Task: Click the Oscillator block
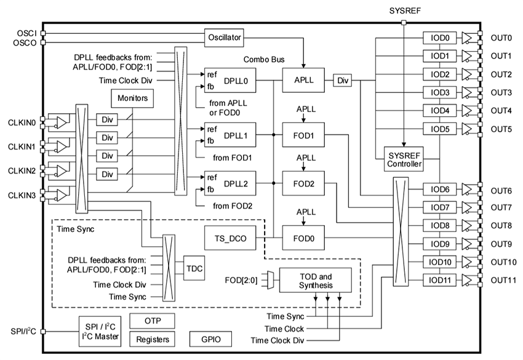[x=225, y=38]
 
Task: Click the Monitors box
[x=130, y=98]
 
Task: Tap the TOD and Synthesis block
[x=315, y=280]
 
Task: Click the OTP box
[x=153, y=320]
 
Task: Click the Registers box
[x=153, y=338]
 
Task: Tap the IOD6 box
[x=440, y=190]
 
